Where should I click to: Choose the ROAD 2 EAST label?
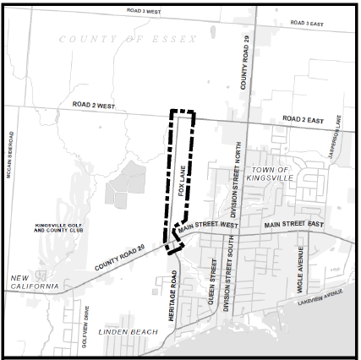point(303,120)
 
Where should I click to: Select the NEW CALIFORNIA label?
point(34,282)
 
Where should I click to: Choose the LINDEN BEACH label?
point(128,331)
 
